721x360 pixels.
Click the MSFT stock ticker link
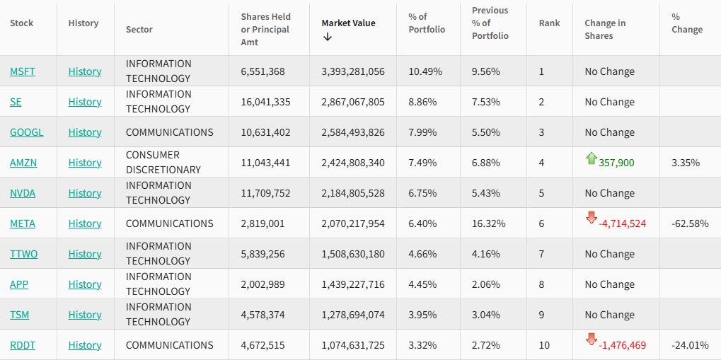[22, 71]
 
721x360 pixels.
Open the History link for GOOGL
[85, 132]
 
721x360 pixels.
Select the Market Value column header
[348, 23]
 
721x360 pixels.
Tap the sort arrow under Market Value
[328, 37]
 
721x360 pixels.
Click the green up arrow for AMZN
[592, 158]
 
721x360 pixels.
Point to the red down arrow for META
[592, 218]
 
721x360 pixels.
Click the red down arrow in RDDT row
[592, 339]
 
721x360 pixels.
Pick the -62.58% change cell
[690, 223]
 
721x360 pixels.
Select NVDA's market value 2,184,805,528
[352, 193]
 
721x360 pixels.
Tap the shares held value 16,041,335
[265, 102]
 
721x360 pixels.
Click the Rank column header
[549, 23]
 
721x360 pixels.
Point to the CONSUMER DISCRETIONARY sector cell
[163, 163]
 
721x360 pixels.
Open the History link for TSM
[85, 315]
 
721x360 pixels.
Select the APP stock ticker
[19, 284]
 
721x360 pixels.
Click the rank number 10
[544, 345]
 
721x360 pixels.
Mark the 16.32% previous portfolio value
[488, 223]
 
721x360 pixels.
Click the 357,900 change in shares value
[616, 163]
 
